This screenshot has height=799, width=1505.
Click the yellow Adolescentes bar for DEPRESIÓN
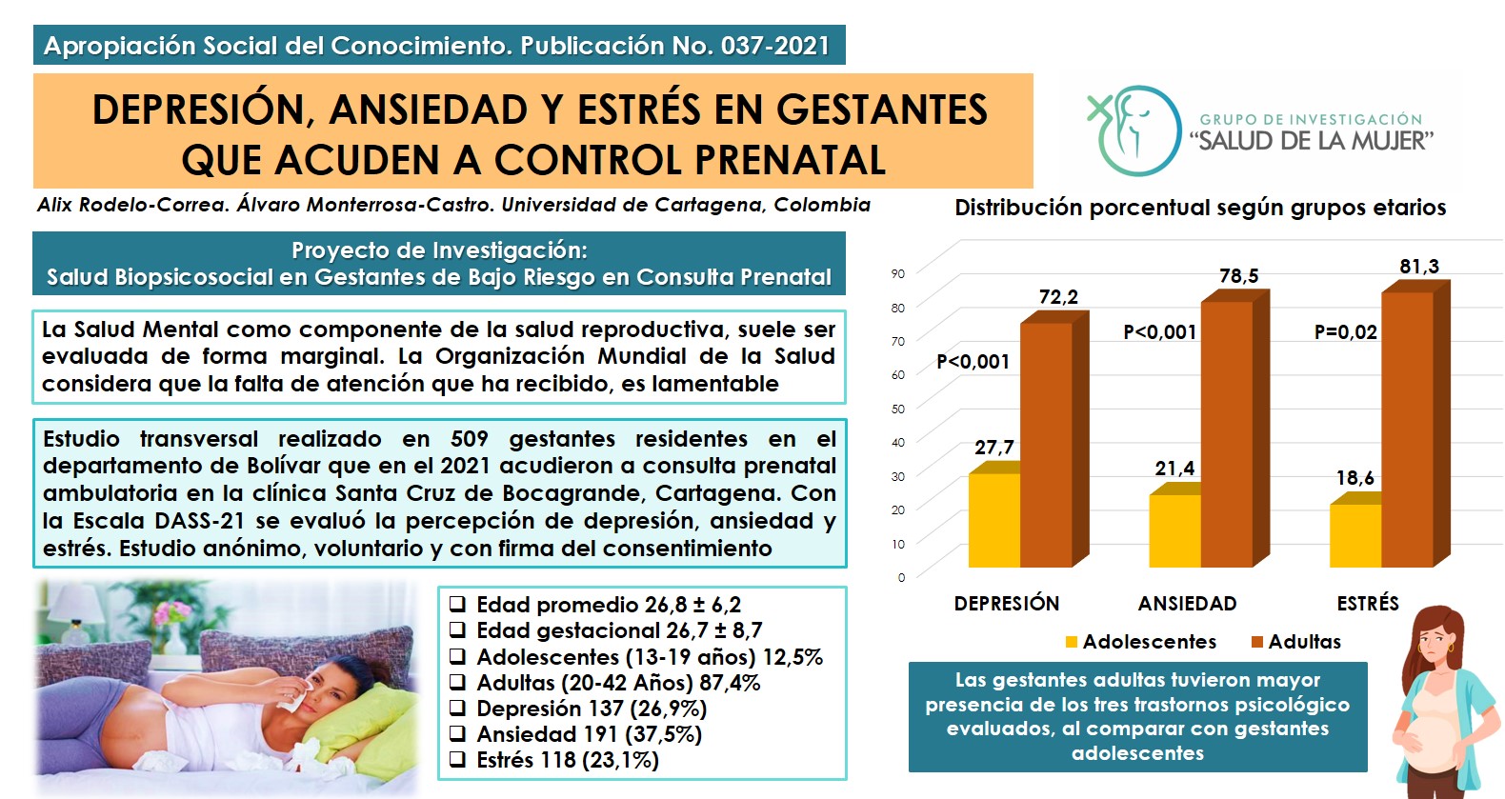point(994,519)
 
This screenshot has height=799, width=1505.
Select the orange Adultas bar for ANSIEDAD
point(1227,433)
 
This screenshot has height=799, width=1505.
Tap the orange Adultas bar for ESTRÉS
point(1408,429)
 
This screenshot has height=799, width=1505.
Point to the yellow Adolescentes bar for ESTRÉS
point(1355,535)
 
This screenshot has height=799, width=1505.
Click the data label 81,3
point(1419,267)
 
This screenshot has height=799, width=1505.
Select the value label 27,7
point(994,447)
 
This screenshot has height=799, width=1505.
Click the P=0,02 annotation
point(1346,332)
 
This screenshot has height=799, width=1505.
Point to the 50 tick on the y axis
point(898,409)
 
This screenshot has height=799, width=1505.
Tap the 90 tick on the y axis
point(898,273)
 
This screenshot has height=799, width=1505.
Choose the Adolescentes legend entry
point(1141,642)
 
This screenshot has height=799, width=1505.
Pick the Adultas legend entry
point(1296,642)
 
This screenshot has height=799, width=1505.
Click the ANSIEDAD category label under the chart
point(1187,604)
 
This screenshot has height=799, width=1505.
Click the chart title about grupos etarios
point(1200,208)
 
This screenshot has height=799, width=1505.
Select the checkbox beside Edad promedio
point(458,604)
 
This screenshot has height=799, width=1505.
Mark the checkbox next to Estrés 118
point(458,759)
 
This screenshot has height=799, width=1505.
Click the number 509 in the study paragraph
point(470,439)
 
